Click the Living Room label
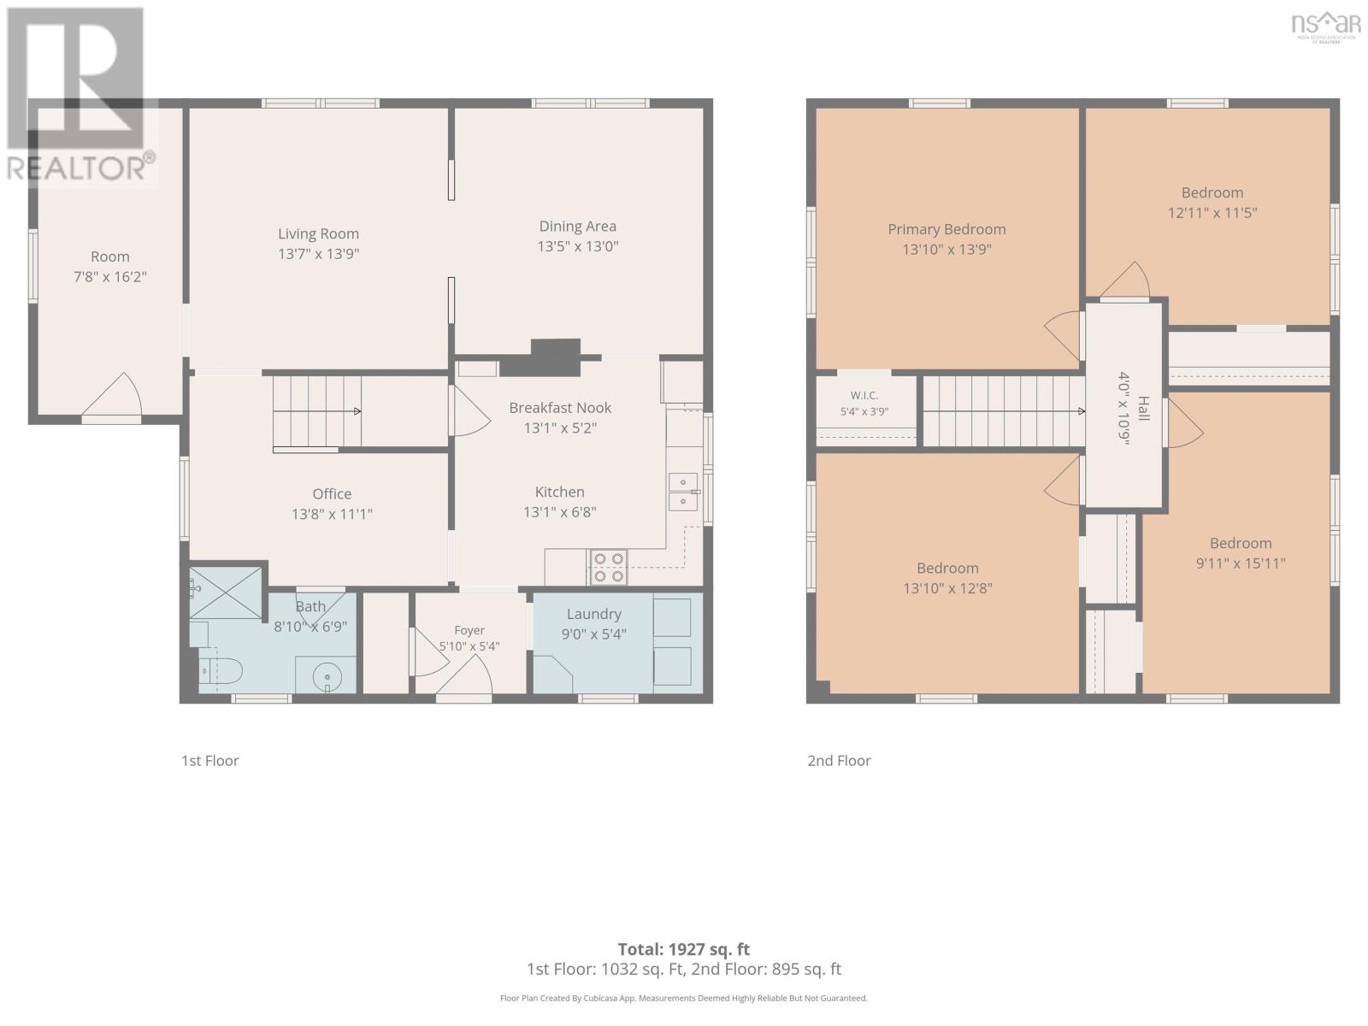click(318, 233)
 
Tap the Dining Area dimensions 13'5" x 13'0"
click(578, 246)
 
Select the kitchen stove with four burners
click(608, 568)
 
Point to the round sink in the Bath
click(327, 675)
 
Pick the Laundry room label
click(594, 614)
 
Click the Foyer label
click(469, 630)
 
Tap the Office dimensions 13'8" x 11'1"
click(333, 514)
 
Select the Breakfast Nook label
click(560, 408)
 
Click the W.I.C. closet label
click(864, 396)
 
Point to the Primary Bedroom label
click(946, 229)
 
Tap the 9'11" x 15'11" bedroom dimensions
click(1241, 563)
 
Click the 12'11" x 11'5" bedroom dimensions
click(1212, 213)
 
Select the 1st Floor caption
click(210, 761)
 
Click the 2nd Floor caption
click(839, 761)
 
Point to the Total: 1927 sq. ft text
click(684, 949)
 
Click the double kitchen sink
click(683, 492)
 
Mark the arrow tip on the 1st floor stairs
click(360, 411)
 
